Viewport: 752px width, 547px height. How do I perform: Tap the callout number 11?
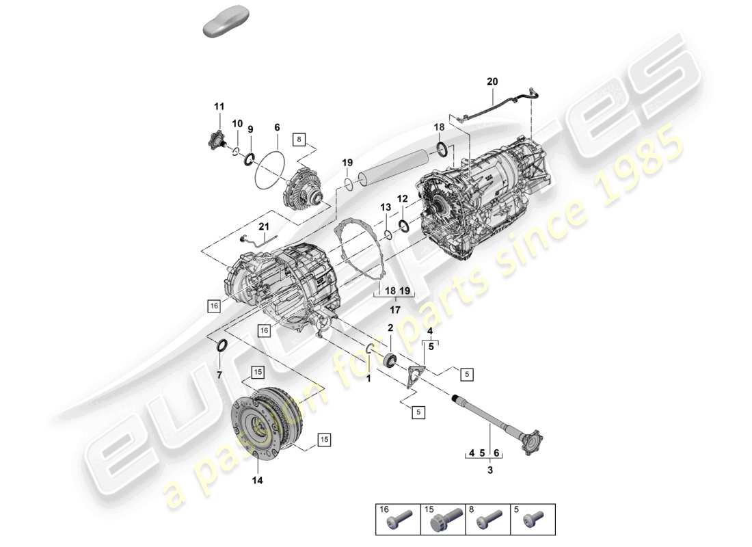pos(219,106)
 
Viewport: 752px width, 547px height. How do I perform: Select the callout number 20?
pos(493,82)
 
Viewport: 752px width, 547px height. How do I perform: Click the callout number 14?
pos(257,480)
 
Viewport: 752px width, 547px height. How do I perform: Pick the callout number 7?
pos(219,375)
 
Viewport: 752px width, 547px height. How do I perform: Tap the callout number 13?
pos(386,207)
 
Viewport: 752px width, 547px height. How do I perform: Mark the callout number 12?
pos(403,198)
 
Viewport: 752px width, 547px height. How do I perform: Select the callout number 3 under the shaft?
pos(490,470)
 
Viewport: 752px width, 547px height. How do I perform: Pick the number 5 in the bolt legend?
pos(517,510)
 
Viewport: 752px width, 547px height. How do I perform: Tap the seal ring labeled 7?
pos(223,347)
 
